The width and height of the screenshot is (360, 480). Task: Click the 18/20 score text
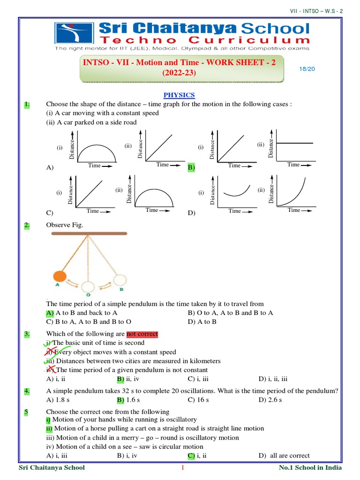[x=306, y=69]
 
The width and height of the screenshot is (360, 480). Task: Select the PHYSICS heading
[x=179, y=95]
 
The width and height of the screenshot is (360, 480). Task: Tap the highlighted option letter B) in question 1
[x=191, y=167]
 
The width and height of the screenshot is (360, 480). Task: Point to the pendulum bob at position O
[x=87, y=286]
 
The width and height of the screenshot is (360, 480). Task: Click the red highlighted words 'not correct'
[x=142, y=334]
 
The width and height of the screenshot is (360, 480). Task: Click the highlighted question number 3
[x=27, y=334]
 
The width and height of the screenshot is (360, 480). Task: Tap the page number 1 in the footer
[x=183, y=468]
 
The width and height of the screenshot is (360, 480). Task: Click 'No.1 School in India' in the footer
[x=310, y=468]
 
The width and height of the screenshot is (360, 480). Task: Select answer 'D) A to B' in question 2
[x=202, y=322]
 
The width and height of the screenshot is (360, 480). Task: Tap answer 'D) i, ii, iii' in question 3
[x=273, y=378]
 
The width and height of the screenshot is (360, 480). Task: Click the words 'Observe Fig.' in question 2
[x=65, y=225]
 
